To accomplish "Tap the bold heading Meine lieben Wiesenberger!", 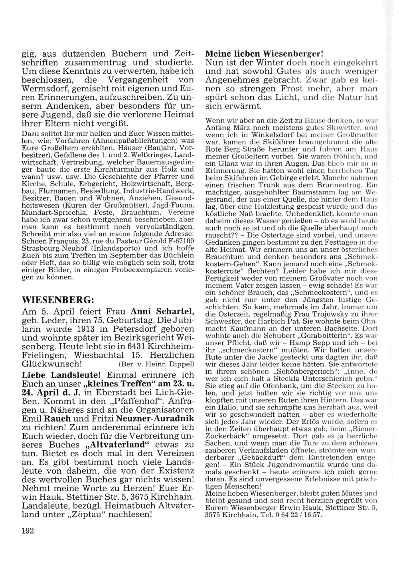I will (264, 53).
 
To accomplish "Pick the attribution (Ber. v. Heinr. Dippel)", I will (156, 364).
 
